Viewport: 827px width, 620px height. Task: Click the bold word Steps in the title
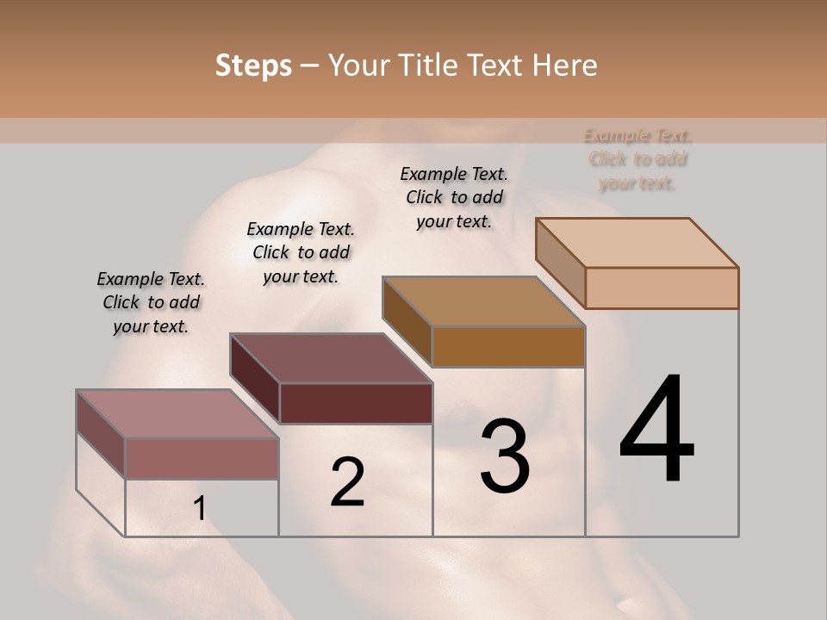(253, 66)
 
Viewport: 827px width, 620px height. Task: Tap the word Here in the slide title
(564, 65)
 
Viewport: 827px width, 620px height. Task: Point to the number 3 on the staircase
(504, 456)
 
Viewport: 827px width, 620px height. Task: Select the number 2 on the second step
(347, 482)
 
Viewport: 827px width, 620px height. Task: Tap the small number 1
(199, 508)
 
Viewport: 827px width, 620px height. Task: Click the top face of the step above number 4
(637, 243)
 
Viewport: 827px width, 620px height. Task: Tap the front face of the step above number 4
(662, 288)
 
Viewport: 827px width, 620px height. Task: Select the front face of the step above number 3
(508, 346)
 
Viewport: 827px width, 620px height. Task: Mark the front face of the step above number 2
(355, 403)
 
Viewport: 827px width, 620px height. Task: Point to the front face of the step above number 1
(202, 458)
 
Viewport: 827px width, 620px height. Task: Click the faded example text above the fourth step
(638, 159)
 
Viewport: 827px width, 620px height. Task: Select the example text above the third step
(454, 197)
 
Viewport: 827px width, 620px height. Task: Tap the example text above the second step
(301, 252)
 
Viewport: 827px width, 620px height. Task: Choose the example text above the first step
(151, 302)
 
